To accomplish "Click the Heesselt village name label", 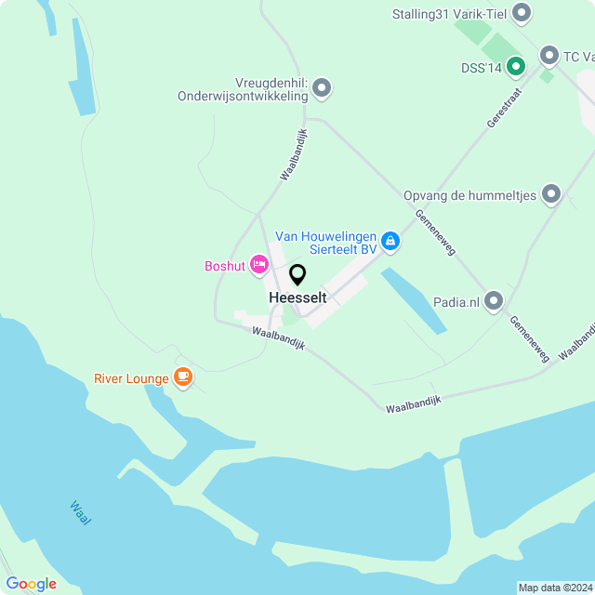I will pos(297,297).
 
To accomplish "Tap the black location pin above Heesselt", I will pos(297,275).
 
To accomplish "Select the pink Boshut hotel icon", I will pos(259,266).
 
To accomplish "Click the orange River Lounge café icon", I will pos(183,377).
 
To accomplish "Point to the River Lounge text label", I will pos(131,378).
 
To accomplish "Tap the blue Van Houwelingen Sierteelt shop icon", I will pos(391,242).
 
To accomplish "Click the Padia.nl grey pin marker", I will pos(494,300).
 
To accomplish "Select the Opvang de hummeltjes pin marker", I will pos(551,193).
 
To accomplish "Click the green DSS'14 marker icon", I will pos(517,66).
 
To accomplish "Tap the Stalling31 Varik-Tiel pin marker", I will pos(522,12).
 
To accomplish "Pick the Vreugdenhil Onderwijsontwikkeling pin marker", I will pos(322,88).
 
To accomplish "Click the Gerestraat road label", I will pos(505,108).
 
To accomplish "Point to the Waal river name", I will pos(80,512).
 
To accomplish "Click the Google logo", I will pos(31,583).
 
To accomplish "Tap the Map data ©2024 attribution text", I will pos(555,588).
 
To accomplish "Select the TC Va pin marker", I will pos(549,56).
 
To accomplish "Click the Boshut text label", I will pos(225,267).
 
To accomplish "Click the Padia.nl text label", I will pos(456,301).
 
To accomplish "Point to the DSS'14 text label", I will pos(481,67).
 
